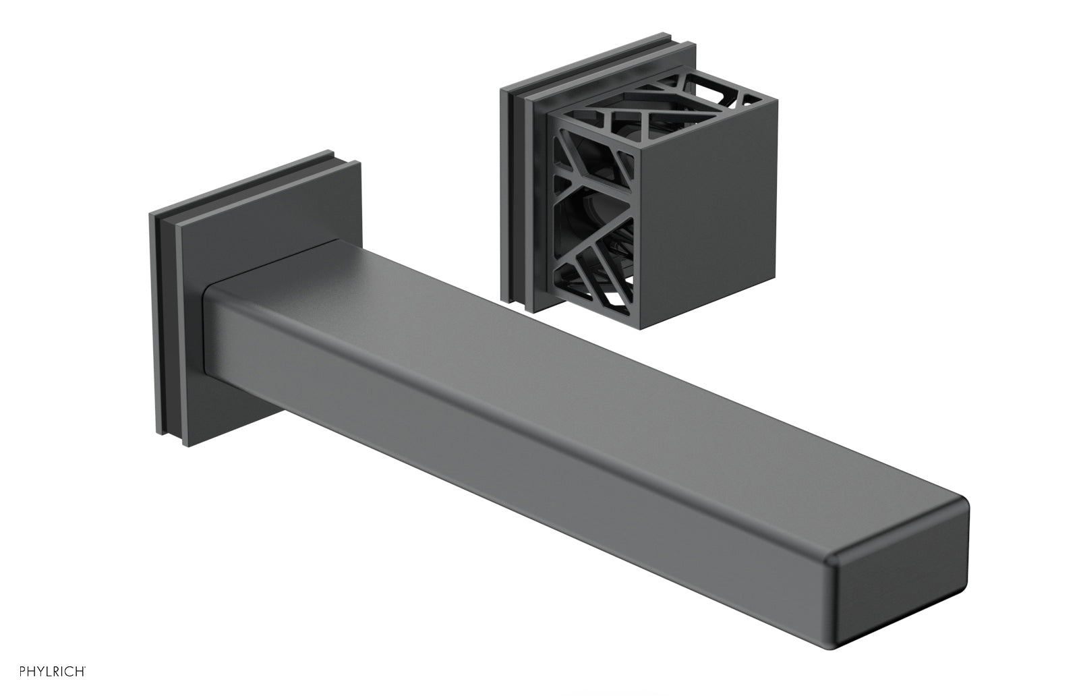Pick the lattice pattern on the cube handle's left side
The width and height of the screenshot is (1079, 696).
point(593,223)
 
